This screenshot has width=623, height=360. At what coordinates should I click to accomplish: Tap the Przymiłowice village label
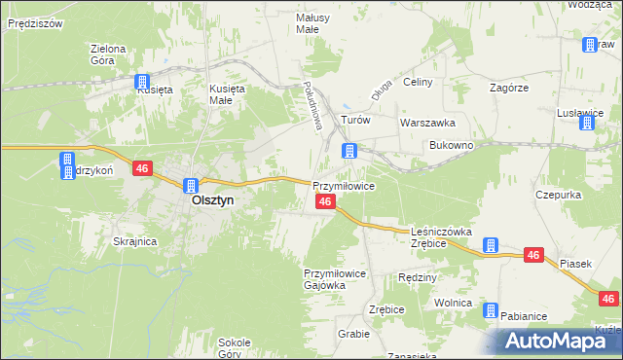pos(343,185)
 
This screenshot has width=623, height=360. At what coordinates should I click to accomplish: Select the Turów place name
pos(354,121)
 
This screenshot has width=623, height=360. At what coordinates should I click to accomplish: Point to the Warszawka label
pos(427,124)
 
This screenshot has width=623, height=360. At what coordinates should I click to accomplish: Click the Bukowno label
pos(451,145)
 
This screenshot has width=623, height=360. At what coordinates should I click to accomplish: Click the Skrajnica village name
pos(135,241)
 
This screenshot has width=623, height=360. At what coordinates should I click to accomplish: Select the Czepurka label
pos(558,195)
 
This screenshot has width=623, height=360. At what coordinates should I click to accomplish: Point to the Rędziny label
pos(418,277)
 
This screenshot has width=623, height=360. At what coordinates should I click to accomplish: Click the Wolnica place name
pos(453,303)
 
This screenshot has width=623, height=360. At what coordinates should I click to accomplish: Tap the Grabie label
pos(353,334)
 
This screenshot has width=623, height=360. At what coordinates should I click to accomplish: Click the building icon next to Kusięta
pos(142,82)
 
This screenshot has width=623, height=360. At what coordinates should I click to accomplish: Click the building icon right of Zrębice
pos(492,245)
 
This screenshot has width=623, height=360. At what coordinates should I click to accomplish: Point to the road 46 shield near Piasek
pos(532,255)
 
